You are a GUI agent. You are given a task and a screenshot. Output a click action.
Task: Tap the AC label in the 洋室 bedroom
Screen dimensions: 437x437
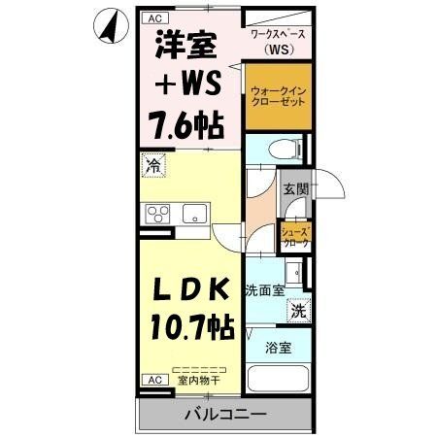click(x=154, y=17)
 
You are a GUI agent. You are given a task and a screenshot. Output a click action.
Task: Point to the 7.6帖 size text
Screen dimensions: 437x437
click(x=185, y=123)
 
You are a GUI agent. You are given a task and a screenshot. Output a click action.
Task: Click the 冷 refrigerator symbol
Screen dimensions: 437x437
click(x=152, y=166)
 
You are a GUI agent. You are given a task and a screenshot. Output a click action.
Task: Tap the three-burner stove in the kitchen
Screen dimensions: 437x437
click(x=157, y=215)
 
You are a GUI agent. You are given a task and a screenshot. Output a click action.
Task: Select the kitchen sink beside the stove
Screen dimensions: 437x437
click(x=193, y=215)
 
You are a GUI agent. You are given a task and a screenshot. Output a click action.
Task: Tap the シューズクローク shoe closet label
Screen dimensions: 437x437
click(x=295, y=236)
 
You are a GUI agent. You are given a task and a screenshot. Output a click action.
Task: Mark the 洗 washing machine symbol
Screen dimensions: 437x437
click(x=300, y=312)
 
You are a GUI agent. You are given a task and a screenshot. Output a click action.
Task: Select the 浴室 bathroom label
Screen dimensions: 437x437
click(x=277, y=347)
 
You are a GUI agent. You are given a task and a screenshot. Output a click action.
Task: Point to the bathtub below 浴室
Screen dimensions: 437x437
click(x=277, y=382)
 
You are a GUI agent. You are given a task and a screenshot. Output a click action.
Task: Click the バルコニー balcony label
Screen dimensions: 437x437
click(x=224, y=415)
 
